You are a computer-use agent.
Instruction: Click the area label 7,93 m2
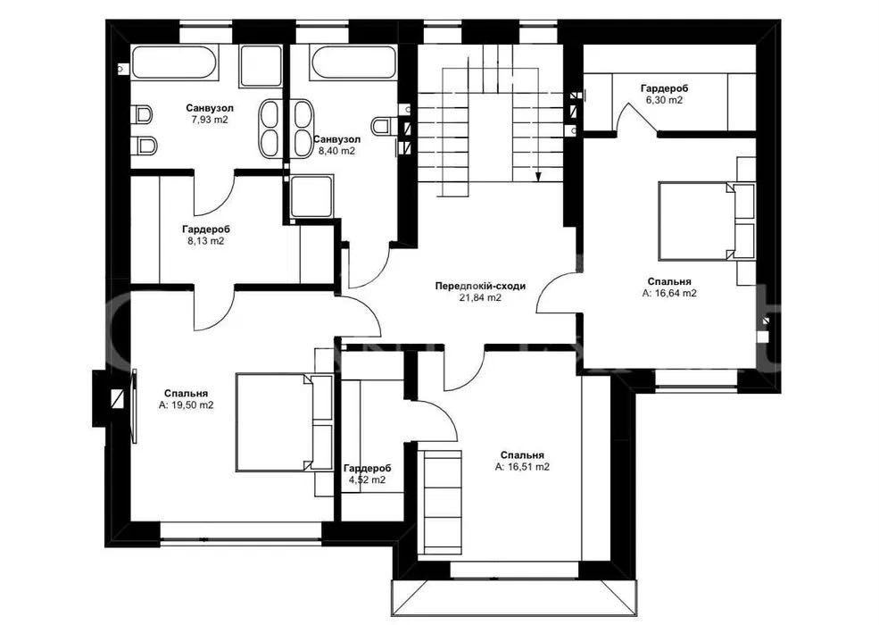click(x=210, y=120)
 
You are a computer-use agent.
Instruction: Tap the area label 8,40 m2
click(x=337, y=151)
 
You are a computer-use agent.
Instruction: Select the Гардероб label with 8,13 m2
click(x=206, y=229)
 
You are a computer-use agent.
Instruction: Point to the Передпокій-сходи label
click(x=480, y=286)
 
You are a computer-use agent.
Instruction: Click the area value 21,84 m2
click(x=480, y=298)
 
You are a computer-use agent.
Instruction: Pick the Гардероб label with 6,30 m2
click(x=664, y=88)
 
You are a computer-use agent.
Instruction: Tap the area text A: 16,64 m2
click(x=669, y=293)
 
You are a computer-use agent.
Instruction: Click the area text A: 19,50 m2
click(x=187, y=405)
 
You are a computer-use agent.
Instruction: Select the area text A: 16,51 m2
click(x=522, y=467)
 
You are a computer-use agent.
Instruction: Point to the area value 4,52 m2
click(x=367, y=479)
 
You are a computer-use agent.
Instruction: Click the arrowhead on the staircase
click(x=538, y=178)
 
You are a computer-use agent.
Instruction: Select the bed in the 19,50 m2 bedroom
click(x=284, y=422)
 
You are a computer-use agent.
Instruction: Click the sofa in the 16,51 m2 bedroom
click(x=444, y=499)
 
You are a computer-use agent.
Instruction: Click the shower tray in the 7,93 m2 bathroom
click(x=261, y=66)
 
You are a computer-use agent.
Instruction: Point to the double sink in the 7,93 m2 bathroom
click(x=272, y=128)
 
